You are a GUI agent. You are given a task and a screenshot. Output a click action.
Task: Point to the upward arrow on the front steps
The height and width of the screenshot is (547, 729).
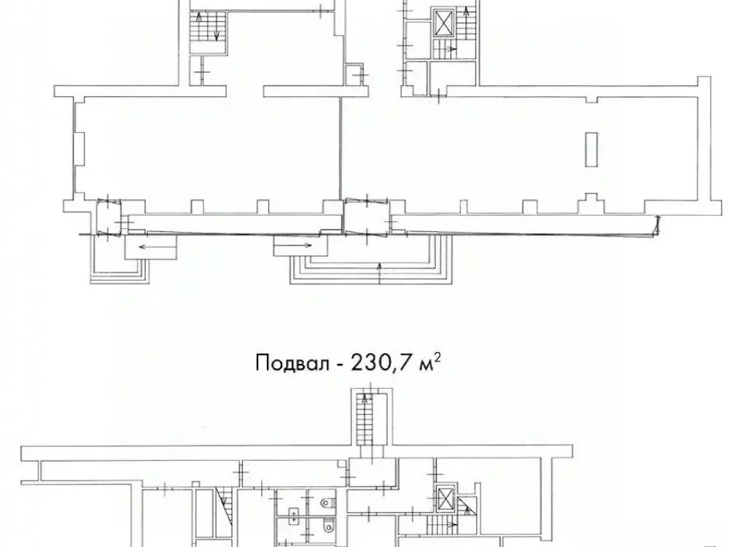pos(381,274)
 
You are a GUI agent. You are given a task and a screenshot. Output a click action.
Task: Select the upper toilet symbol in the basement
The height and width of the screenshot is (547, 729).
pos(325,502)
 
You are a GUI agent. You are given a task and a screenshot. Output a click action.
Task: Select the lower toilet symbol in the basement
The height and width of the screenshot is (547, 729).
pos(325,526)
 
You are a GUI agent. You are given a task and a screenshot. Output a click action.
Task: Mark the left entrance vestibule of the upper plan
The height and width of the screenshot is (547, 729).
pos(109,219)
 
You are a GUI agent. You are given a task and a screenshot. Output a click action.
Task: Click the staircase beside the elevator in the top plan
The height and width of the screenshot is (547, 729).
pos(442,50)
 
